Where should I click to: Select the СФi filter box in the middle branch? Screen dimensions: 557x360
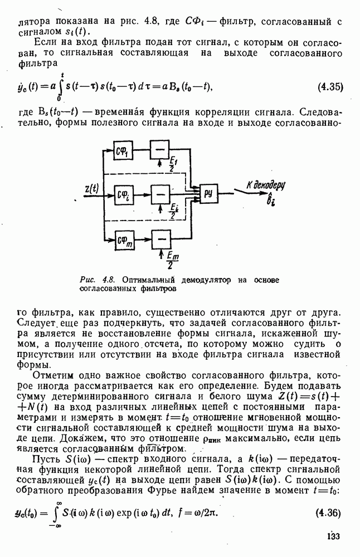point(123,194)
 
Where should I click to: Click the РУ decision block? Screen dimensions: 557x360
point(208,193)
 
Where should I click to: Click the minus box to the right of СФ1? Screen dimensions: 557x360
point(160,150)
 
